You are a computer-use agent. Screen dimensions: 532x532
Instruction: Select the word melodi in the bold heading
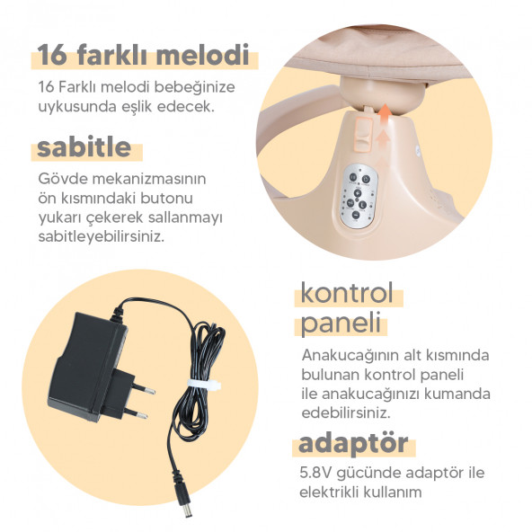click(202, 54)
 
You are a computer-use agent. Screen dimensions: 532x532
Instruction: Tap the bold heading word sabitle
click(84, 146)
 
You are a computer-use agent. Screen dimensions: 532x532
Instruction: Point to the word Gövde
click(62, 179)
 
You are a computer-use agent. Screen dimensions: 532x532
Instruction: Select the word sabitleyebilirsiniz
click(102, 237)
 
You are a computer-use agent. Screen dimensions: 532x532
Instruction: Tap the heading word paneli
click(341, 323)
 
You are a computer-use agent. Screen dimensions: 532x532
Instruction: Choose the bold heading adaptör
click(353, 444)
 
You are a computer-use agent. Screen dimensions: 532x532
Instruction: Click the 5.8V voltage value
click(315, 473)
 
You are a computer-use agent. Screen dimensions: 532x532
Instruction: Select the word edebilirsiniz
click(346, 412)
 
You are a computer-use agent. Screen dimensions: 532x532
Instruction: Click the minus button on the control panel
click(355, 215)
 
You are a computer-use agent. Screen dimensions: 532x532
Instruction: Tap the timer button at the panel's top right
click(366, 180)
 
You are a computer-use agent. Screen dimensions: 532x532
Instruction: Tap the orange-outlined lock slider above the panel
click(363, 134)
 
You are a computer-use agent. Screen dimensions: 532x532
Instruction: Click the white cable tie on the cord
click(204, 385)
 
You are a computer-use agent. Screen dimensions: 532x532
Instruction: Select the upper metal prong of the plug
click(143, 388)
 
